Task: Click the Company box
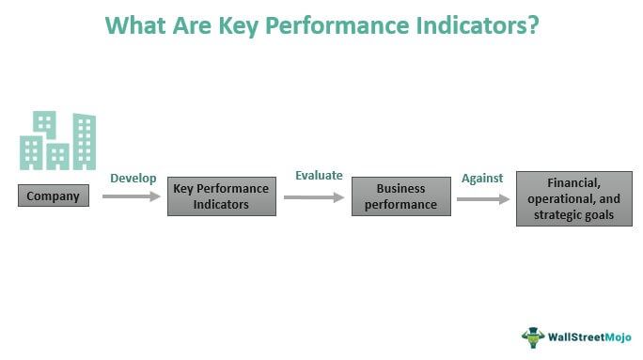[54, 196]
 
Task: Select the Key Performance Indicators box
[222, 196]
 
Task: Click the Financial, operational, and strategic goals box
[574, 199]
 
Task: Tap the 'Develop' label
[133, 178]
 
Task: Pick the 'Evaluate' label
[319, 176]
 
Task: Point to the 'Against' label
[481, 178]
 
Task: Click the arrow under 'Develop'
[131, 196]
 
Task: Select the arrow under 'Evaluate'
[314, 196]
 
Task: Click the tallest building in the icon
[85, 140]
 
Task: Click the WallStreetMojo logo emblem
[533, 336]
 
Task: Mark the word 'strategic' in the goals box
[555, 214]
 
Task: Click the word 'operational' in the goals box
[565, 199]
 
